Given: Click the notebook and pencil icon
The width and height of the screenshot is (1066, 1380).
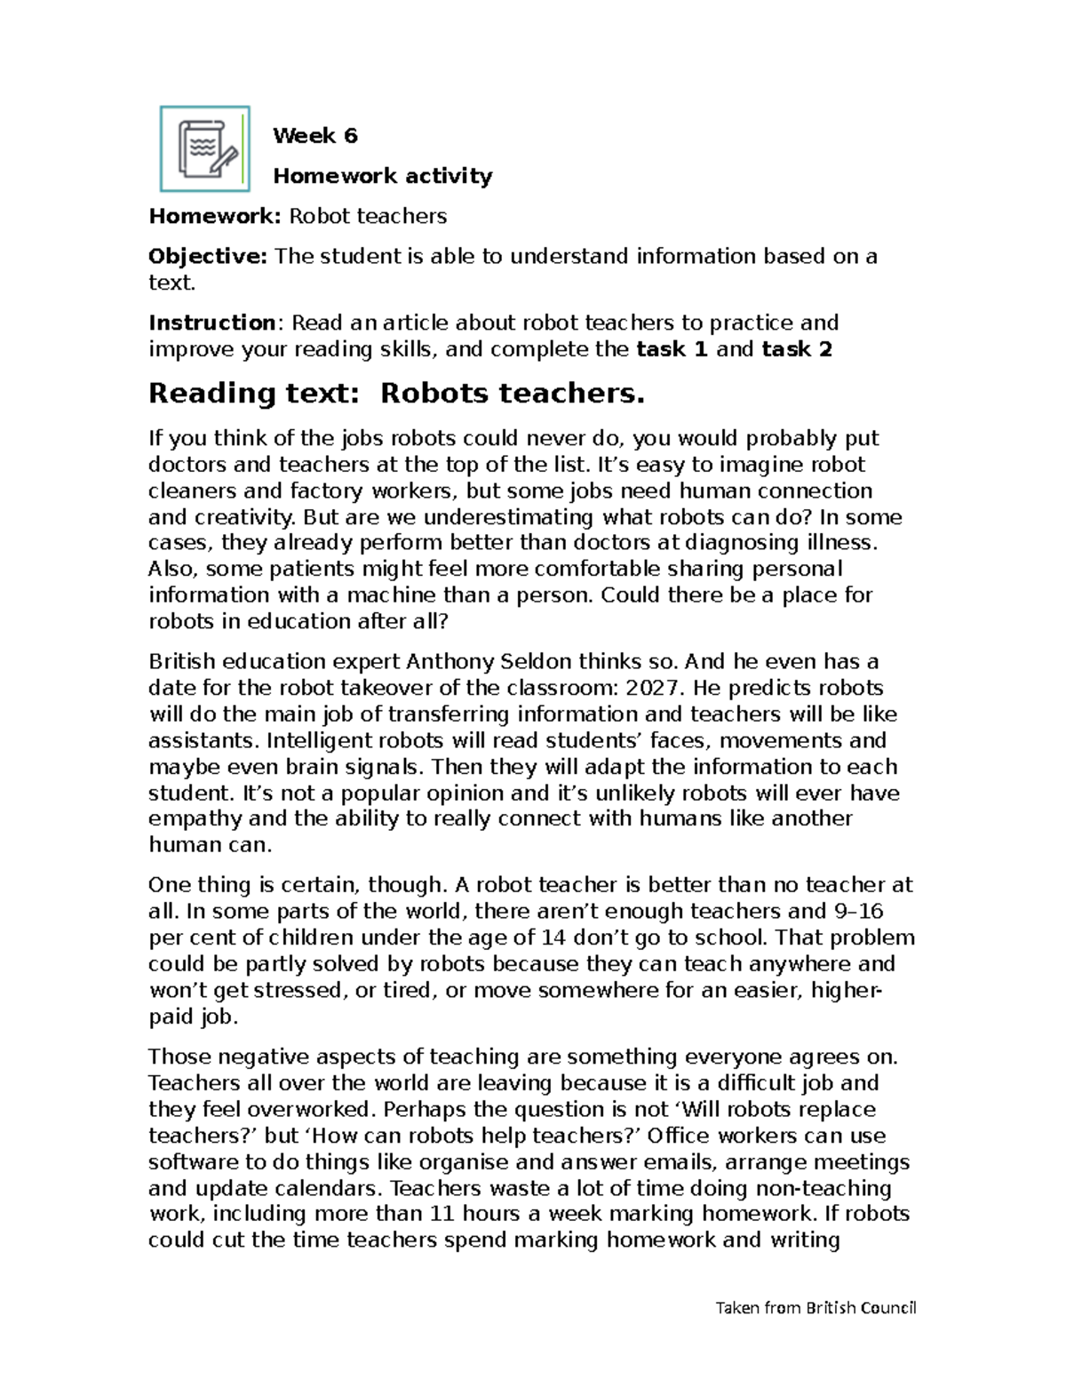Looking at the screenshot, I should point(204,149).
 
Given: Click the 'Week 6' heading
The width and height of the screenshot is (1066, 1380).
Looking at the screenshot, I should point(314,136).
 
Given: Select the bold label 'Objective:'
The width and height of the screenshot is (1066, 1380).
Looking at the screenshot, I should point(208,257).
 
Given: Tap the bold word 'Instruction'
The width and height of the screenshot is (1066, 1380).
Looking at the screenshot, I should point(212,323).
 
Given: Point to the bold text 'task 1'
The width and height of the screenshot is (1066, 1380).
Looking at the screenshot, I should point(672,349).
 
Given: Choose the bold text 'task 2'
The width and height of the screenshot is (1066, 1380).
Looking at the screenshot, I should point(797,349).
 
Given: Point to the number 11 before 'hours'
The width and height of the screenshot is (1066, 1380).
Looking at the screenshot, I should point(442,1215).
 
